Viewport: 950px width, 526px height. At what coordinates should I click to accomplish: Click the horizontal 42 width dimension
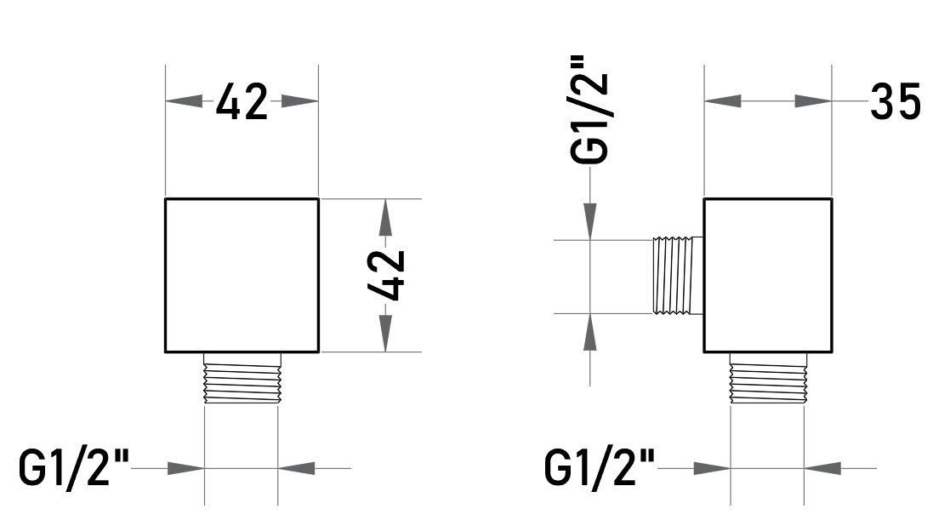coord(242,101)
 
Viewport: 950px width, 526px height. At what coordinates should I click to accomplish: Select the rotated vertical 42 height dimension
coord(386,275)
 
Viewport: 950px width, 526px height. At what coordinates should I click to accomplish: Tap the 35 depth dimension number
coord(896,101)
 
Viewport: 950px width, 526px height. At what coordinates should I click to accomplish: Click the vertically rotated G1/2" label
coord(589,110)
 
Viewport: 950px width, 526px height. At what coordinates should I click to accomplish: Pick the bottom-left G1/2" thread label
coord(74,467)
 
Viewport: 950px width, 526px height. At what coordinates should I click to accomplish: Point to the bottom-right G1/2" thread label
coord(600,467)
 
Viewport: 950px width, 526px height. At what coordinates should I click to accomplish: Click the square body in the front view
coord(242,275)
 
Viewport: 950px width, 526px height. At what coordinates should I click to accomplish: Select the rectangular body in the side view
coord(768,275)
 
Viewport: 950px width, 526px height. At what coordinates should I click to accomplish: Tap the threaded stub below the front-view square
coord(242,378)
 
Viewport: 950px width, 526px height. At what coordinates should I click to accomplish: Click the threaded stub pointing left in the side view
coord(678,276)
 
